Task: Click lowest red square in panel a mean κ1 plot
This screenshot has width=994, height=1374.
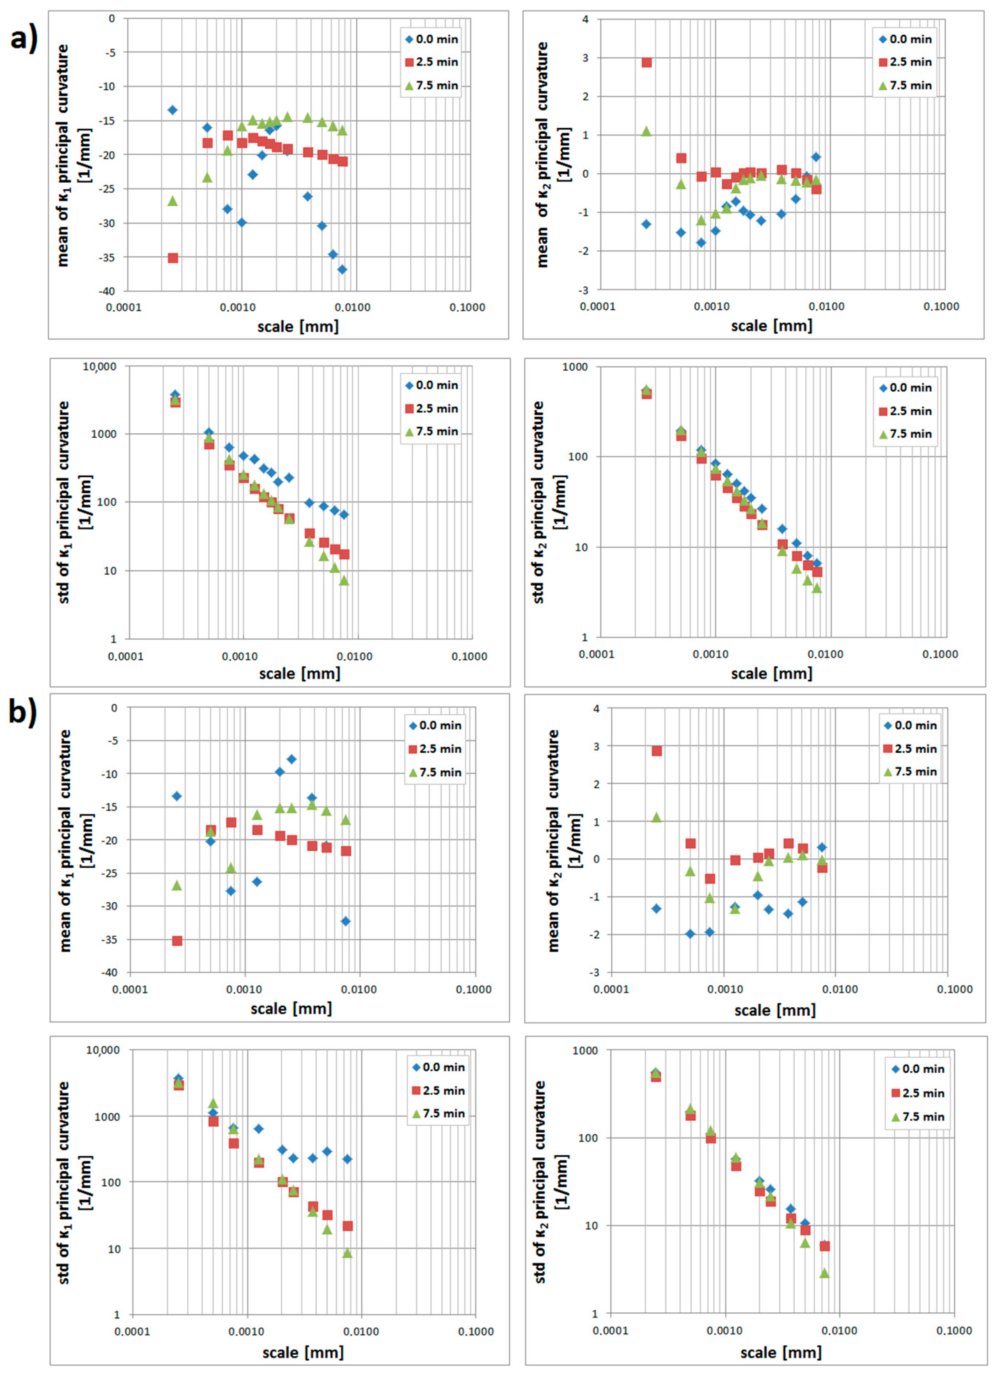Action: pyautogui.click(x=173, y=257)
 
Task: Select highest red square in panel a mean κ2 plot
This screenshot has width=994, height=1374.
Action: pyautogui.click(x=647, y=62)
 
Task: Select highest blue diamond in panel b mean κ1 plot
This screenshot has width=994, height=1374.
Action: pyautogui.click(x=292, y=759)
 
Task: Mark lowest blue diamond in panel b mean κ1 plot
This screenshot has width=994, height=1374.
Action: pyautogui.click(x=345, y=921)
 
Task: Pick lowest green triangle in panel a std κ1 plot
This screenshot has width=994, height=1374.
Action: pyautogui.click(x=344, y=580)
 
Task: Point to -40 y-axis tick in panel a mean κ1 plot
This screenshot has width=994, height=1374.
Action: pyautogui.click(x=107, y=291)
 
